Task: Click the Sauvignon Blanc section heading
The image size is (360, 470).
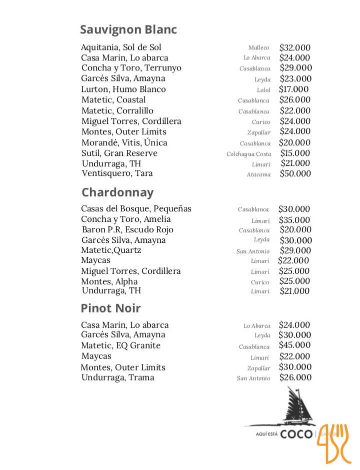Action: (128, 30)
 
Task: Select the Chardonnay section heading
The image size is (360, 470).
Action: (117, 193)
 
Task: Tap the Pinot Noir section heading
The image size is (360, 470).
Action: (111, 308)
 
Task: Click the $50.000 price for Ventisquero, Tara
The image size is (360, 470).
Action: (295, 174)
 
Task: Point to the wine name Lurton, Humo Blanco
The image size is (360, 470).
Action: (123, 89)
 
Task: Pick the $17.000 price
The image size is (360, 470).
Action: (294, 89)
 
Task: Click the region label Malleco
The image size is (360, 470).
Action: (258, 48)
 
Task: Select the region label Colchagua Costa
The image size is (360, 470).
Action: (248, 154)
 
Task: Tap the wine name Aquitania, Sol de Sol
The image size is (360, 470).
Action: (121, 47)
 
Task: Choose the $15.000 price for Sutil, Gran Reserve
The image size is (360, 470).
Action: (295, 153)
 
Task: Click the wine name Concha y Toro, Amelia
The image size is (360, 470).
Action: (126, 219)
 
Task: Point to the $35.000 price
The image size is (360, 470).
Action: (295, 220)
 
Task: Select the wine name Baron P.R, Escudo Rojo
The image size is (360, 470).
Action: (127, 230)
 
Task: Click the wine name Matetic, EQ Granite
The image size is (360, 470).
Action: (121, 346)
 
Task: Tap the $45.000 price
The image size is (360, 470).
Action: (295, 345)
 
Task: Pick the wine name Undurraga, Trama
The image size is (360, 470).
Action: (118, 378)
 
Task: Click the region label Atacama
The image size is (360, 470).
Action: (258, 175)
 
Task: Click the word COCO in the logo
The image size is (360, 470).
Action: (296, 434)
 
